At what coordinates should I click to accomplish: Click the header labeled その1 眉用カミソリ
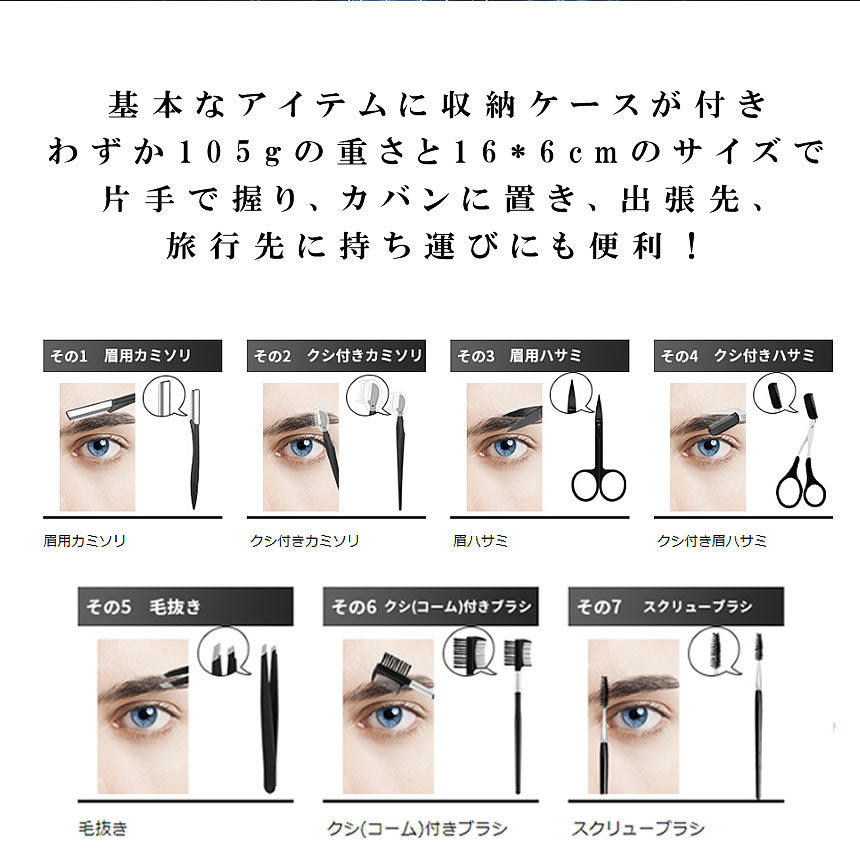118,356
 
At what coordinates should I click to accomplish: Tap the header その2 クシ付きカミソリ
336,356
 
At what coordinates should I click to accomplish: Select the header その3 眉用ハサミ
540,356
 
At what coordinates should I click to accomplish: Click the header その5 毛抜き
185,606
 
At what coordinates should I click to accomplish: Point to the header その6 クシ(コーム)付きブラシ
430,606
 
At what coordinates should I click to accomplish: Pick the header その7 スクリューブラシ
675,606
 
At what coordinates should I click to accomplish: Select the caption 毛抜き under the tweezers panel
102,829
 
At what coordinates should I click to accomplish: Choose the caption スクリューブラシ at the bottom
637,829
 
